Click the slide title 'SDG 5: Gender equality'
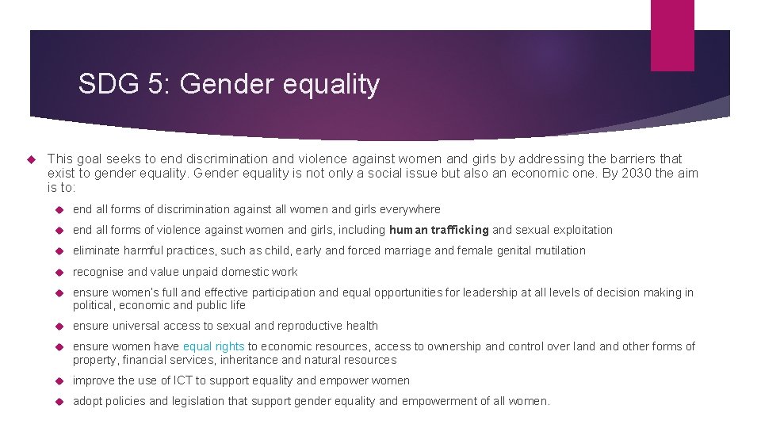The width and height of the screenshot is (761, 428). tap(229, 83)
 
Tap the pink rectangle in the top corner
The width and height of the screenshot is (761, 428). tap(672, 35)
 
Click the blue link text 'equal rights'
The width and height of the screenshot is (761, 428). tap(213, 346)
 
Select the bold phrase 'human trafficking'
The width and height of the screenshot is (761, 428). tap(438, 230)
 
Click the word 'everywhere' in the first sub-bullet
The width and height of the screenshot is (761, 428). tap(411, 209)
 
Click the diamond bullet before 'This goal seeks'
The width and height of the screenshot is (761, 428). tap(33, 159)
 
